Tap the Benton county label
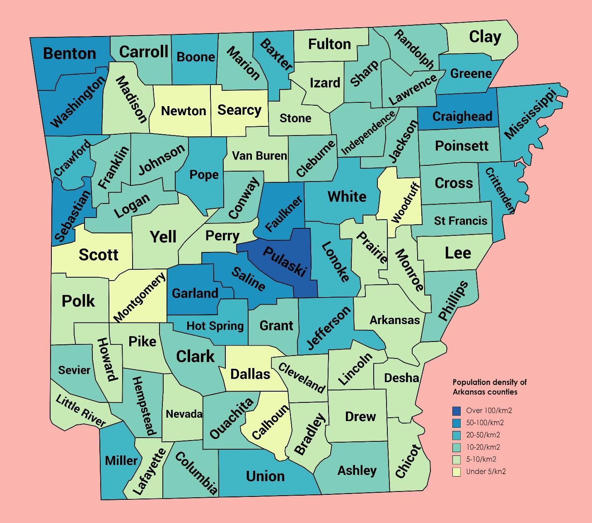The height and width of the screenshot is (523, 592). coord(70,53)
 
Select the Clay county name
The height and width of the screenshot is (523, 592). coord(485,37)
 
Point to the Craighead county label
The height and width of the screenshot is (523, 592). coord(462,116)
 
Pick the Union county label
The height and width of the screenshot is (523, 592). coord(265,476)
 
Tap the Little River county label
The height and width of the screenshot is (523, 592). coord(81,411)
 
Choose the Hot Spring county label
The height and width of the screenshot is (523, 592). coord(215,326)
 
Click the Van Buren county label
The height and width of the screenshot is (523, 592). coord(259,156)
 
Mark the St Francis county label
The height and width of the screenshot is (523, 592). coord(461,220)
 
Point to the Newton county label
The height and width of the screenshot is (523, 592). coord(184,111)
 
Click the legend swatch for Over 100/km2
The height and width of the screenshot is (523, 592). coord(457,411)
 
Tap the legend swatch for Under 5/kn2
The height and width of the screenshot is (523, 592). coord(457,472)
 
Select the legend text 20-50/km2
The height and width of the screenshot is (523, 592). coord(483,435)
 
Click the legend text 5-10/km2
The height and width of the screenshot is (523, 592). coord(481,459)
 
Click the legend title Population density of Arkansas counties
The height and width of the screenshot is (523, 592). coord(489,387)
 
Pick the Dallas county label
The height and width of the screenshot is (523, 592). coord(250,374)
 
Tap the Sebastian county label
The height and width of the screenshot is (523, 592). coord(72,216)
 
